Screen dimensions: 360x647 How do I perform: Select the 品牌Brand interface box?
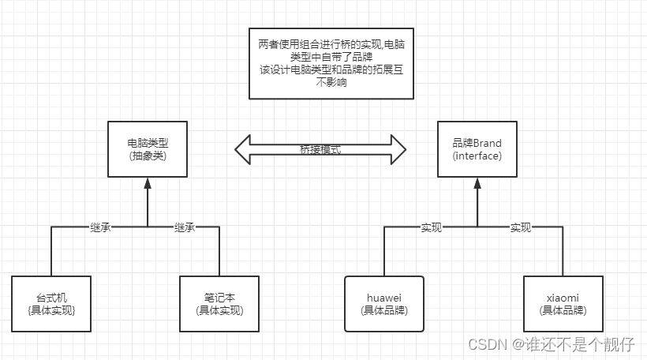[477, 149]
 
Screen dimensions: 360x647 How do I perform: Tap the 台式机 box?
[52, 304]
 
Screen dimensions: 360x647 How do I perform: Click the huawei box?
[384, 304]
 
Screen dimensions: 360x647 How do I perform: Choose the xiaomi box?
[562, 304]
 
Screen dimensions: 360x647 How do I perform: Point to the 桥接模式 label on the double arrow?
[320, 149]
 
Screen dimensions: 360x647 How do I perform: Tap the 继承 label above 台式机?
[101, 227]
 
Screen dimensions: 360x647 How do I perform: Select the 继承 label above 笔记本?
[184, 227]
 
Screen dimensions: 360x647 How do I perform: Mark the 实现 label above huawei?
[431, 227]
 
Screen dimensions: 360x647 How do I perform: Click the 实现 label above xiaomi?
[520, 227]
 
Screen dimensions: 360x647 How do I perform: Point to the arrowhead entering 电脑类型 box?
[147, 184]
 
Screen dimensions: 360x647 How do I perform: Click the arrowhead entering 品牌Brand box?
[477, 184]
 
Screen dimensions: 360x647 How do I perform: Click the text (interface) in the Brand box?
[477, 156]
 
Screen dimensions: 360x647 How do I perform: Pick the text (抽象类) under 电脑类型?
[147, 156]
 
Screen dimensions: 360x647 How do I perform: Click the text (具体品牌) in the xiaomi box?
[562, 310]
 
